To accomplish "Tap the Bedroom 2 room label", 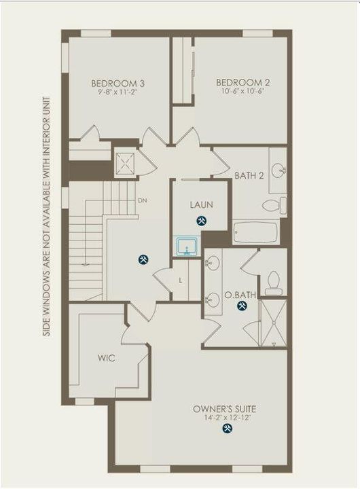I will [243, 83].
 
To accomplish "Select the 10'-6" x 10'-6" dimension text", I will [243, 94].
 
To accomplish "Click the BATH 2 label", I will [248, 175].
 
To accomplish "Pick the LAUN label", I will [202, 204].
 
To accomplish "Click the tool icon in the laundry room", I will [202, 221].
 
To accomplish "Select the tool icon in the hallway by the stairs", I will [143, 259].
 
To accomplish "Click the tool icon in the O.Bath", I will [242, 306].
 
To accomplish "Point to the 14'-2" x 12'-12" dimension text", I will [224, 419].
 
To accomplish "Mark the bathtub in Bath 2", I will [255, 232].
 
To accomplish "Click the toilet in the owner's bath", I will [274, 280].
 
